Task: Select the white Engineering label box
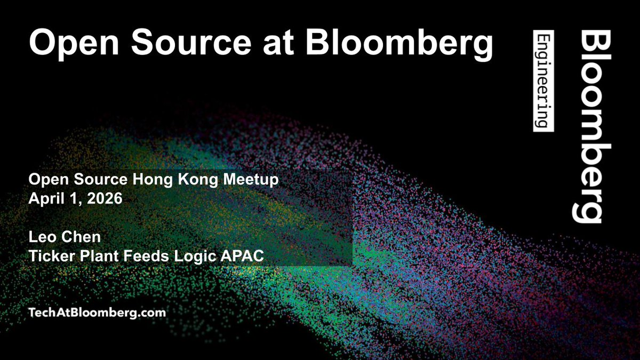click(x=543, y=81)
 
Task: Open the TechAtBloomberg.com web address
click(x=97, y=313)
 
